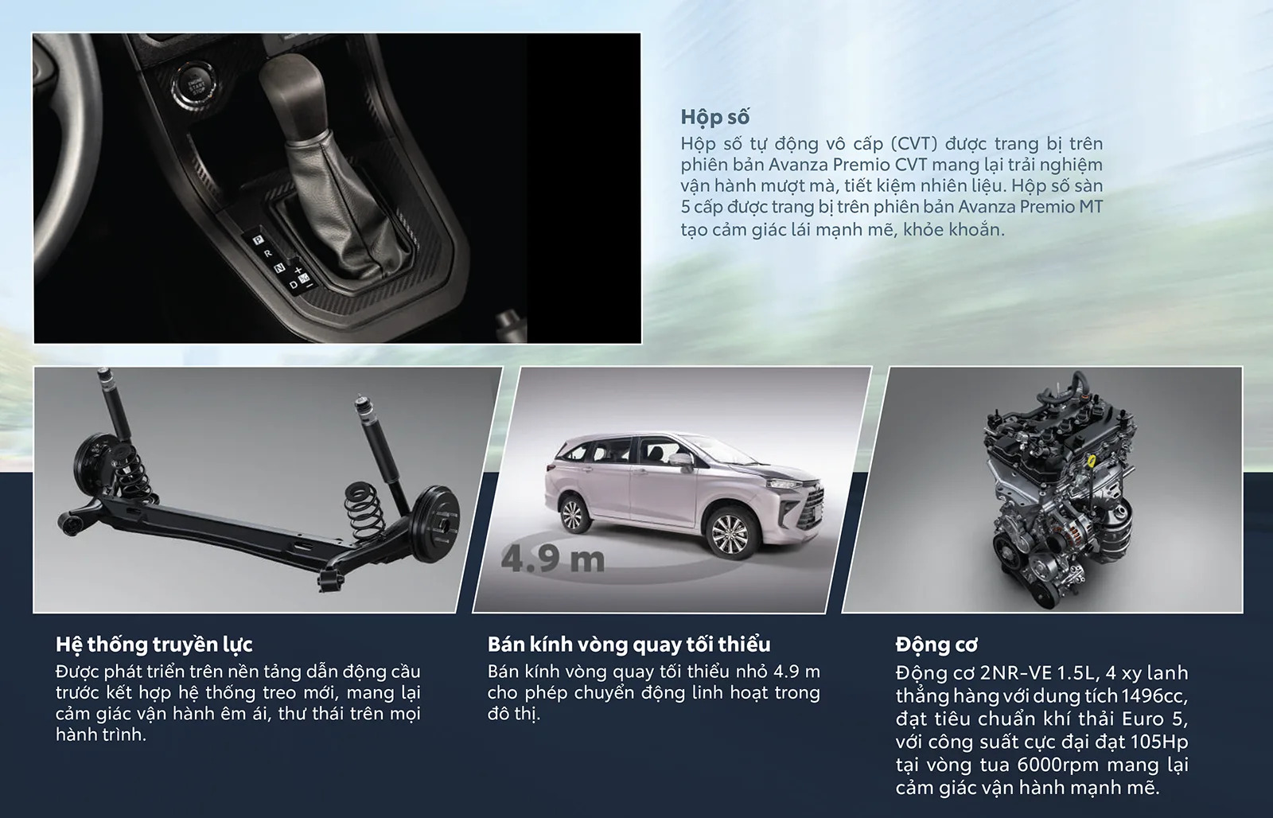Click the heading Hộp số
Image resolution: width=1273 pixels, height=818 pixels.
tap(715, 117)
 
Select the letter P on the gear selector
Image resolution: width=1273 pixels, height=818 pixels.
tap(258, 240)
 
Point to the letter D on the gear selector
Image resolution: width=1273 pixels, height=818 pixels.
tap(294, 285)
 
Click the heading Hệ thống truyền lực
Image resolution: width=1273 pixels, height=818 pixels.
tap(154, 644)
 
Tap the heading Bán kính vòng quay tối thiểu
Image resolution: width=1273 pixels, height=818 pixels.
tap(629, 644)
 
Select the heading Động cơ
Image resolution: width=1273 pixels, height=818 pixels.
tap(936, 645)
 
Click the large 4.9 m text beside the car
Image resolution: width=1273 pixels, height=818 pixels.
tap(552, 559)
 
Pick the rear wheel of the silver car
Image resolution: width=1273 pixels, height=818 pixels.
tap(572, 514)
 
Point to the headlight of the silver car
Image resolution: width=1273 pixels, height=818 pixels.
tap(784, 484)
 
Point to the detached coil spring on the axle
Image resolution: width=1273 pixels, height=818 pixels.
tap(365, 512)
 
